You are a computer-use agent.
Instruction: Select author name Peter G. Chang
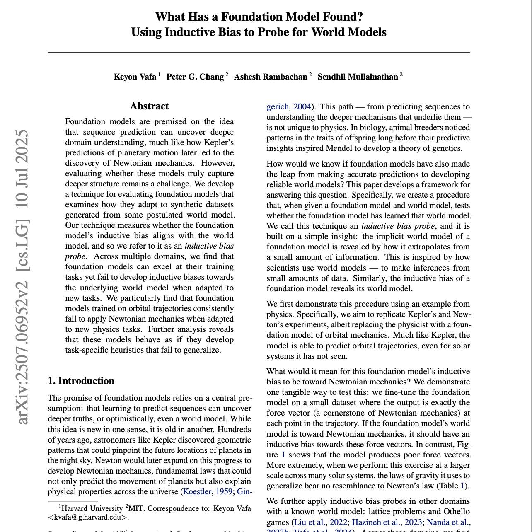195,77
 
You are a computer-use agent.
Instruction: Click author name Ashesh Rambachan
271,77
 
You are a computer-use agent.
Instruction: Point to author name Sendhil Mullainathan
358,77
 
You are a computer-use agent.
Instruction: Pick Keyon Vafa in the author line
135,77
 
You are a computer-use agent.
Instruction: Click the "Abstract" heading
149,106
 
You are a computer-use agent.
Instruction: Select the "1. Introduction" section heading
81,381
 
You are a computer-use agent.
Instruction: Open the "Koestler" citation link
197,492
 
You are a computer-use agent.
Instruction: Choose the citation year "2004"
302,107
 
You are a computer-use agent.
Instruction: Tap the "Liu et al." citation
310,522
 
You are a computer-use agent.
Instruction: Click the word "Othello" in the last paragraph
456,512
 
